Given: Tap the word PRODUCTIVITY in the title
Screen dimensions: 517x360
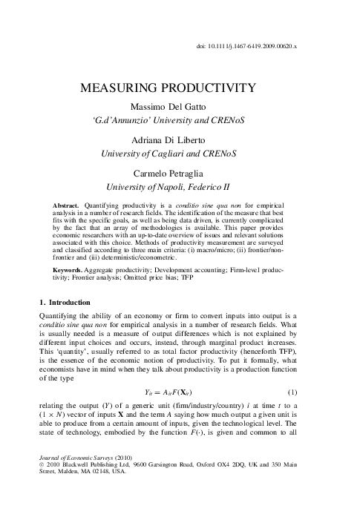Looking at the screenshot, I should (218, 88).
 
